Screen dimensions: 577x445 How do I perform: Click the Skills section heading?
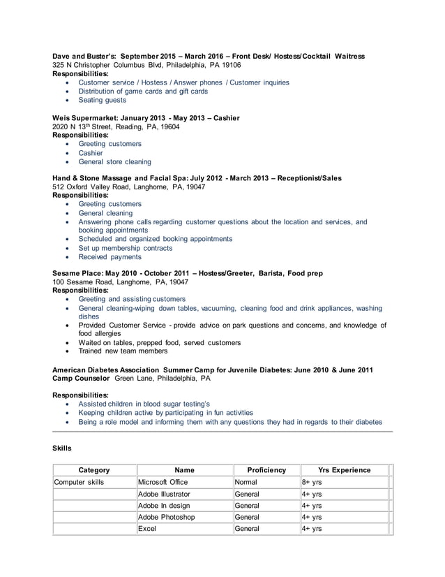coord(62,446)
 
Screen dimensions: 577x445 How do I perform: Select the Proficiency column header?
coord(266,470)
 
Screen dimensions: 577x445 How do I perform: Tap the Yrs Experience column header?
coord(344,470)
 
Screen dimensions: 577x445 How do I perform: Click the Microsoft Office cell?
coord(163,482)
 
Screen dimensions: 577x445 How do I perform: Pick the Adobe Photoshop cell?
coord(166,517)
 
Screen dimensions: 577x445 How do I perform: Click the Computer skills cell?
coord(79,482)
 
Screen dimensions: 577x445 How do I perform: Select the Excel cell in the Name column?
coord(147,529)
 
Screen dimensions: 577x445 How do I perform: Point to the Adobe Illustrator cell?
coord(164,494)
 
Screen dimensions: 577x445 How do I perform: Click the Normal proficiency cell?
coord(247,482)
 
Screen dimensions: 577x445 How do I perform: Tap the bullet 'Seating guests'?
coord(102,100)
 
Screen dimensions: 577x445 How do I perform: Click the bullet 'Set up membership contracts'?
coord(125,247)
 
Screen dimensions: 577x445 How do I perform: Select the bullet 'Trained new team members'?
coord(123,351)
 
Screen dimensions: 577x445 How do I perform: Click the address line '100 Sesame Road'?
coord(121,282)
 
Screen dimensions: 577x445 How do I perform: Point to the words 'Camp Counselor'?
coord(82,378)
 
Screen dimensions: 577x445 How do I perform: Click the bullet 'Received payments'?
coord(110,256)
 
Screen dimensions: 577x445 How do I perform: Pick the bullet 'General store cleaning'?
coord(114,161)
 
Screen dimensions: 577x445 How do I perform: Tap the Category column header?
coord(94,470)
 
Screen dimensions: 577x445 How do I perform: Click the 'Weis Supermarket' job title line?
coord(146,118)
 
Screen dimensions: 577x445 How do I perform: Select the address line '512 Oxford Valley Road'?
coord(129,187)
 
